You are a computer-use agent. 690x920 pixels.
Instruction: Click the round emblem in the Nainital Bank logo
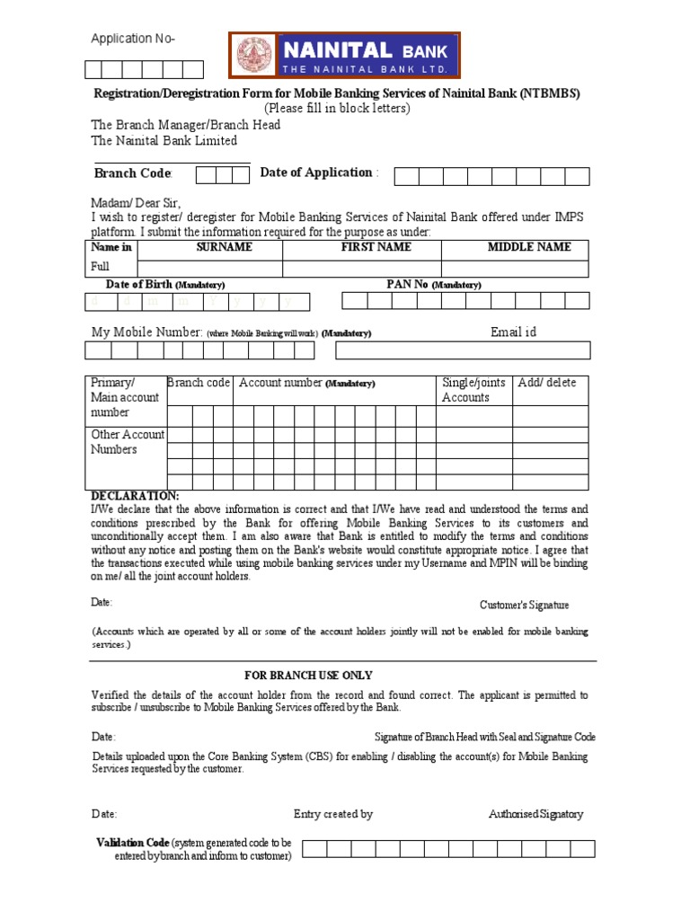coord(254,56)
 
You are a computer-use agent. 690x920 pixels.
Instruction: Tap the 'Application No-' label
coord(133,39)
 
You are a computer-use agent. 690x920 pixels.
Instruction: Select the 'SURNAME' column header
coord(224,247)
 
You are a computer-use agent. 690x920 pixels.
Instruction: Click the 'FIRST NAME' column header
coord(376,247)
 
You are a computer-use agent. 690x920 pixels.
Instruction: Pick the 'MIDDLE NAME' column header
coord(528,247)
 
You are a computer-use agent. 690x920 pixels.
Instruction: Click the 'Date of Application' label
coord(316,172)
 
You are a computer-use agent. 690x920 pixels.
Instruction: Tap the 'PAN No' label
coord(407,284)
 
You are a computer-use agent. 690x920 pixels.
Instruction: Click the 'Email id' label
coord(513,332)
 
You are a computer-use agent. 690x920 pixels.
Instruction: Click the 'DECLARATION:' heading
coord(135,496)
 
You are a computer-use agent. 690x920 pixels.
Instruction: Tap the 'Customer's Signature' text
coord(524,605)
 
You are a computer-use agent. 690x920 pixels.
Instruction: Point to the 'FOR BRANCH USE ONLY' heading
coord(308,675)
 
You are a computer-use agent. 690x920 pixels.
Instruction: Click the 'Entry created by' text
coord(333,814)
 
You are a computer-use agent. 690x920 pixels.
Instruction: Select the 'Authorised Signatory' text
coord(535,814)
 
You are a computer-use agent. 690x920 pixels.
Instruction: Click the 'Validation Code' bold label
coord(132,843)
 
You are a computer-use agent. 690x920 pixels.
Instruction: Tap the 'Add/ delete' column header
coord(547,383)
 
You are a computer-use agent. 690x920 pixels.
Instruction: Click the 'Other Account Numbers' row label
coord(127,442)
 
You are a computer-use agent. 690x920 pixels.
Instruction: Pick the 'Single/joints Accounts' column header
coord(473,390)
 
